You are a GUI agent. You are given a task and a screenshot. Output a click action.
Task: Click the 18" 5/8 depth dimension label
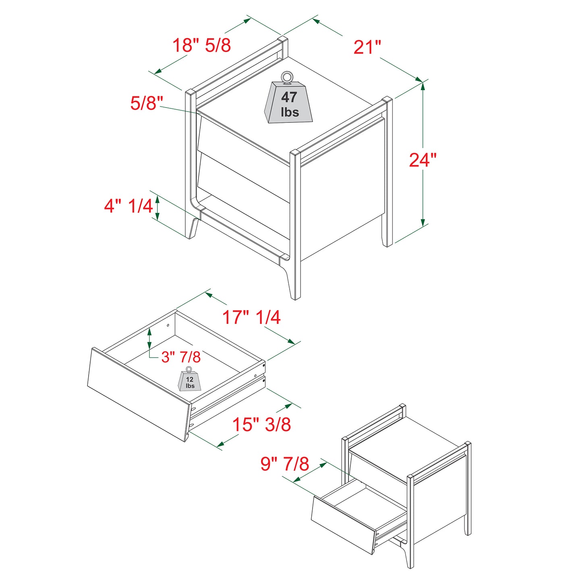click(x=201, y=45)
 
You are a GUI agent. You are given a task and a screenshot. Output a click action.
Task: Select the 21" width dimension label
click(x=367, y=47)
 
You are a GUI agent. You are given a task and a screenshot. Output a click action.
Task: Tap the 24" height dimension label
click(x=423, y=160)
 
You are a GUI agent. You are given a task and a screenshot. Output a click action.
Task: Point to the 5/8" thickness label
click(x=146, y=103)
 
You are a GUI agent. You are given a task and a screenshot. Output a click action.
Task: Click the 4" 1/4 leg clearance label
click(x=128, y=206)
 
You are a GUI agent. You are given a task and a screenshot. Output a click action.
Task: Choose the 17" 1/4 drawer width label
click(x=252, y=317)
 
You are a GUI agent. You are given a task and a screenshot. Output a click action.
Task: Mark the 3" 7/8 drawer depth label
click(x=181, y=357)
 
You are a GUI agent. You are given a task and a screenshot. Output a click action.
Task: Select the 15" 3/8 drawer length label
click(x=261, y=425)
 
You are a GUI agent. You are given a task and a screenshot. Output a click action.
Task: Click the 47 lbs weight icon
click(x=288, y=102)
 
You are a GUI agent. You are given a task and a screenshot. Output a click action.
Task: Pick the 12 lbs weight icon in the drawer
click(x=189, y=381)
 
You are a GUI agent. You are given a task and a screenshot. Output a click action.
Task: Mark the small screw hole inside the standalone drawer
click(x=168, y=325)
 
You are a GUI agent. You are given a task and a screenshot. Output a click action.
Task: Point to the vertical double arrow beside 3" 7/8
click(x=149, y=338)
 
